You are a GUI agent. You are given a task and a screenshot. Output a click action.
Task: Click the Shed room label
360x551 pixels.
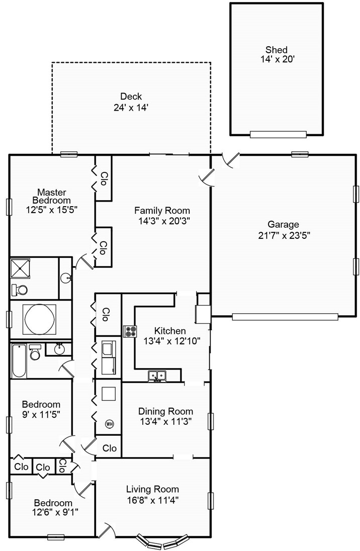(x=277, y=50)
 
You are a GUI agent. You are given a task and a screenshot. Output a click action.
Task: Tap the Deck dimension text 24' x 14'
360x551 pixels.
(x=131, y=107)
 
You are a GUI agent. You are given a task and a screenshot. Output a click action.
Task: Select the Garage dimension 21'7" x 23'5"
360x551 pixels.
(x=284, y=235)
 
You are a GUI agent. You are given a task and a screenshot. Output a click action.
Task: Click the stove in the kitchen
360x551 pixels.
(x=130, y=331)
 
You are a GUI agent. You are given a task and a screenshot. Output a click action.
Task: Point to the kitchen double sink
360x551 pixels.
(x=157, y=376)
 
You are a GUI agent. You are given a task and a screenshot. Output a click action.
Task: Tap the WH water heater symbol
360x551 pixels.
(x=109, y=424)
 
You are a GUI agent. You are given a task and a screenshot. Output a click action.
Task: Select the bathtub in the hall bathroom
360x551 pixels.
(x=19, y=361)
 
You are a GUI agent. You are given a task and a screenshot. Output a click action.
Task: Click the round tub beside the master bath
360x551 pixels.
(x=39, y=319)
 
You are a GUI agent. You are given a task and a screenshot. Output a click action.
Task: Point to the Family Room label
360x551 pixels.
(x=162, y=211)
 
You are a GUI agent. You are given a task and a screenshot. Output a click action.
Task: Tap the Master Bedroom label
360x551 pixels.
(x=52, y=197)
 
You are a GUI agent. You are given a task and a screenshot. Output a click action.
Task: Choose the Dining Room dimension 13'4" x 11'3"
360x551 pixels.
(x=165, y=421)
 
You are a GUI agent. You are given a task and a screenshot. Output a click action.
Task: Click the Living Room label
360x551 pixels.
(x=152, y=489)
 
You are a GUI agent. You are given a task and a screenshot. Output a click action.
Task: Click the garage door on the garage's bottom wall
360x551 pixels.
(x=285, y=317)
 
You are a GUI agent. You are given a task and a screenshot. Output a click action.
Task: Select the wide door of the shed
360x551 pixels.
(x=278, y=134)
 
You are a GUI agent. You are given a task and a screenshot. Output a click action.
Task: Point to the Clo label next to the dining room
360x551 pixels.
(x=109, y=448)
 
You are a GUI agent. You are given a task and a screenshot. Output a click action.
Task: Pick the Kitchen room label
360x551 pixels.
(x=170, y=331)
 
